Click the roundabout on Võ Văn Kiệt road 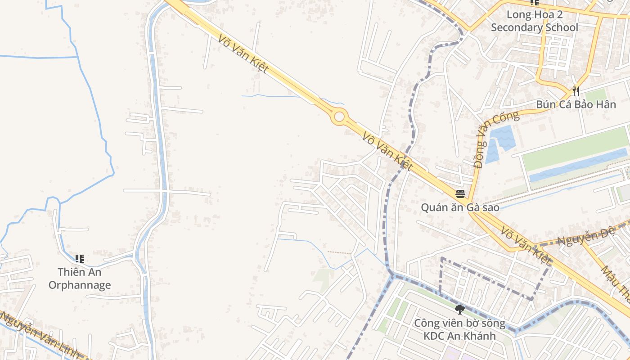pyautogui.click(x=339, y=117)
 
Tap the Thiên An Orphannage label pyautogui.click(x=80, y=279)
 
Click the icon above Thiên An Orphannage pyautogui.click(x=80, y=258)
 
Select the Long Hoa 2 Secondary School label pyautogui.click(x=535, y=21)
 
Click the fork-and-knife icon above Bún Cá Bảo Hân pyautogui.click(x=576, y=91)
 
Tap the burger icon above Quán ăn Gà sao pyautogui.click(x=460, y=194)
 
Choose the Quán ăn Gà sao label pyautogui.click(x=460, y=207)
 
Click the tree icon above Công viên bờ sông pyautogui.click(x=459, y=309)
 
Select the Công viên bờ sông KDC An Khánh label pyautogui.click(x=459, y=329)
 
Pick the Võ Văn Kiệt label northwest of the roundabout pyautogui.click(x=243, y=53)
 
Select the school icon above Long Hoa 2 pyautogui.click(x=535, y=2)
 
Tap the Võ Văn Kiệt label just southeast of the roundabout pyautogui.click(x=387, y=151)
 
